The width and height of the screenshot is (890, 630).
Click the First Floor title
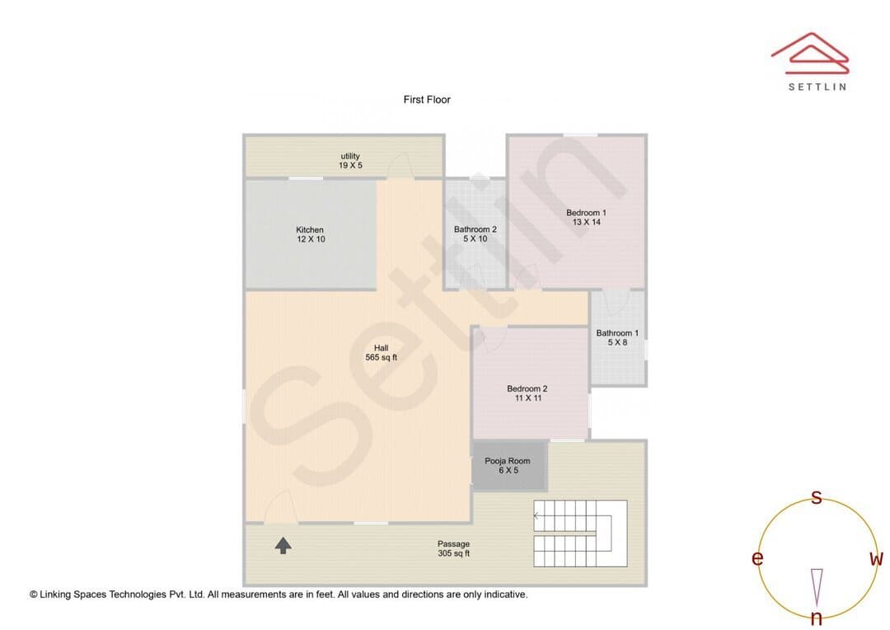click(427, 100)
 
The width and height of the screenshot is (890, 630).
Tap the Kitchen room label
click(311, 234)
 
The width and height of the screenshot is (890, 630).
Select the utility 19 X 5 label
click(350, 160)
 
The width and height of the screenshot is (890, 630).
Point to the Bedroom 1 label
click(587, 217)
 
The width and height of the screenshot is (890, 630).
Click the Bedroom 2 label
click(527, 393)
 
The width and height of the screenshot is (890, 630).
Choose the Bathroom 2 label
click(475, 233)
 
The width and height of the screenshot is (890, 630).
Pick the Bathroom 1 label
click(617, 337)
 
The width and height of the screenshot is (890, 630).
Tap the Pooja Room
click(508, 465)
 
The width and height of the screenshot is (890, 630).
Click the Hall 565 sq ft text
click(382, 352)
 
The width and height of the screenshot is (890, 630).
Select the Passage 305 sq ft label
click(453, 548)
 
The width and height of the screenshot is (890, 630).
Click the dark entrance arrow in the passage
click(283, 545)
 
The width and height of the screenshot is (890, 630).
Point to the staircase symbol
click(580, 534)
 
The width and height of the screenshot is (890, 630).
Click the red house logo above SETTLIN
click(810, 54)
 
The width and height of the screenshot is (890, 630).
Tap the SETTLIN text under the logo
click(817, 87)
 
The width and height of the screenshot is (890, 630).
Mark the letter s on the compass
click(816, 497)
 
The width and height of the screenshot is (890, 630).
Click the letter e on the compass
click(757, 558)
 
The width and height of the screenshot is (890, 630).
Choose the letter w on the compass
click(876, 559)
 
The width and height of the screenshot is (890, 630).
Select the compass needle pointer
click(817, 587)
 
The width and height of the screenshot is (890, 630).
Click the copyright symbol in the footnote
click(34, 595)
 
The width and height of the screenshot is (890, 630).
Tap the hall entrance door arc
click(280, 506)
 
